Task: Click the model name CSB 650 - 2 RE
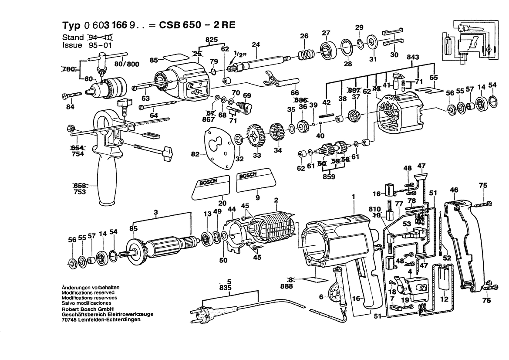197,25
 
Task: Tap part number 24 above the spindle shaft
256,44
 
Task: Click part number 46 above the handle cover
454,190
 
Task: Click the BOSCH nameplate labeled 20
210,188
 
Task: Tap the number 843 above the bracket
413,57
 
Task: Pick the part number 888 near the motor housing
286,286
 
